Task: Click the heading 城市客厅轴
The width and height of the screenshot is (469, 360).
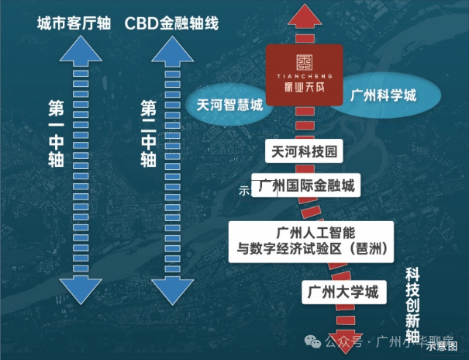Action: (x=72, y=23)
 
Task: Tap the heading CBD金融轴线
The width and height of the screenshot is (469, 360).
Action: (x=171, y=23)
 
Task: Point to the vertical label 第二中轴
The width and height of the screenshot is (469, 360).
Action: (x=148, y=133)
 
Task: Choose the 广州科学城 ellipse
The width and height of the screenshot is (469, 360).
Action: (x=383, y=96)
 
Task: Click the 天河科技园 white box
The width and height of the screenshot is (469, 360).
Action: (x=303, y=152)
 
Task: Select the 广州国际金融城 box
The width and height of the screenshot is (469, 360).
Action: (x=309, y=188)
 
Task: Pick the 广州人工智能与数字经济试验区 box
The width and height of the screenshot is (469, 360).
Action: (x=311, y=241)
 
